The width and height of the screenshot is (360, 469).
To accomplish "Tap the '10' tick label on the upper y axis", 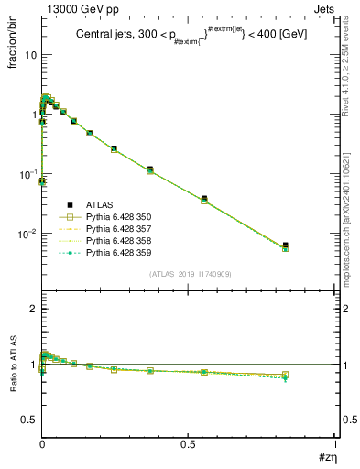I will (29, 55).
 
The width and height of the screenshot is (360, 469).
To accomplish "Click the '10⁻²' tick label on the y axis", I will (27, 234).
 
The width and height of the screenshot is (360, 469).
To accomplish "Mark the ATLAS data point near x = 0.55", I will (204, 198).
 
